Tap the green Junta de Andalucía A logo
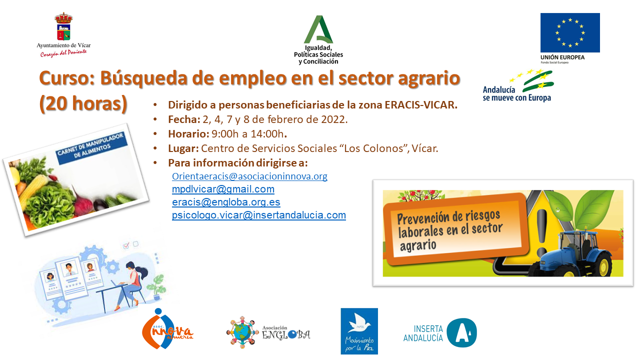point(318,29)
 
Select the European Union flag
point(570,32)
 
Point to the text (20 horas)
point(83,103)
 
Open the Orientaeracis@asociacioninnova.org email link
point(249,176)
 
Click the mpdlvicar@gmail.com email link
point(223,189)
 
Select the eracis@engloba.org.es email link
point(226,202)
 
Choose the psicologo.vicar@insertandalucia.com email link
point(259,215)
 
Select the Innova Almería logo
point(167,330)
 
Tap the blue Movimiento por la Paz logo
point(359,331)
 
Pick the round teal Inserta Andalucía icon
point(461,332)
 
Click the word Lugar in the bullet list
point(183,148)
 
